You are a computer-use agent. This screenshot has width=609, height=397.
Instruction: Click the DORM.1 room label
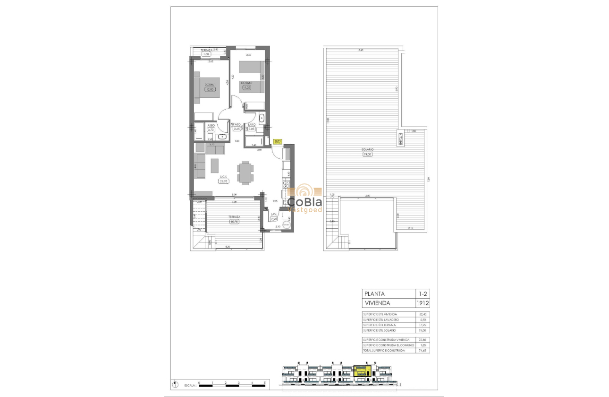209,85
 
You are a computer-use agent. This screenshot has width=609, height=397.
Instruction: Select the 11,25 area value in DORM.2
246,87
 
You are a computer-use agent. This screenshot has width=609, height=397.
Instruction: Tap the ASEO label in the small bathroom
211,125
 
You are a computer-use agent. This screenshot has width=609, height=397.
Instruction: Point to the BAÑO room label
252,124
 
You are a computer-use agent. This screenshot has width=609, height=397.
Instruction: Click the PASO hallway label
237,124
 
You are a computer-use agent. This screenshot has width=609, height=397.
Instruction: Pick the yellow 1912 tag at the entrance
278,141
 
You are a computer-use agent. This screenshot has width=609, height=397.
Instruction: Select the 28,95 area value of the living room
223,181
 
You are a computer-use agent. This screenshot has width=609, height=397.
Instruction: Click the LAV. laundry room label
273,214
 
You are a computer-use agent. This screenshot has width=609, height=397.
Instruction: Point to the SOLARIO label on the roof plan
368,150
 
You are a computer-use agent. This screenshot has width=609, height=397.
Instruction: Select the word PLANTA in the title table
374,293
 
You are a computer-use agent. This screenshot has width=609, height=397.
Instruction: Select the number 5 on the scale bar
265,382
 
